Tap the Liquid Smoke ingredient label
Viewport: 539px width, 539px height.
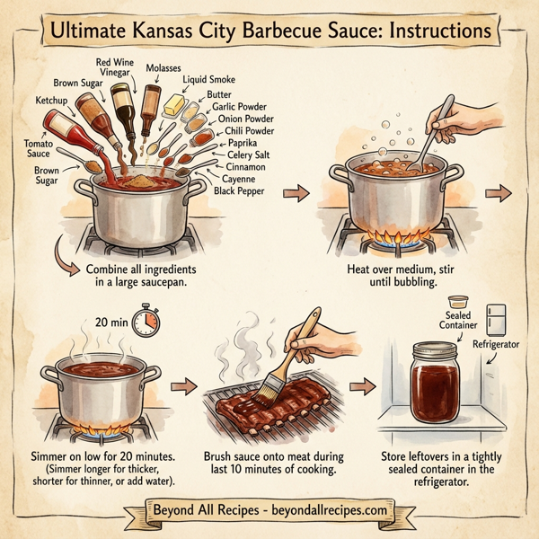[x=210, y=80]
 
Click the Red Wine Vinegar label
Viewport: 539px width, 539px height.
[x=119, y=68]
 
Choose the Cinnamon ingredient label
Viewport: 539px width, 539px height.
[x=244, y=167]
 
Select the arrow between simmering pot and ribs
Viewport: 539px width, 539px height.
[x=183, y=385]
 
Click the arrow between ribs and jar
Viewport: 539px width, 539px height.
[x=362, y=386]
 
